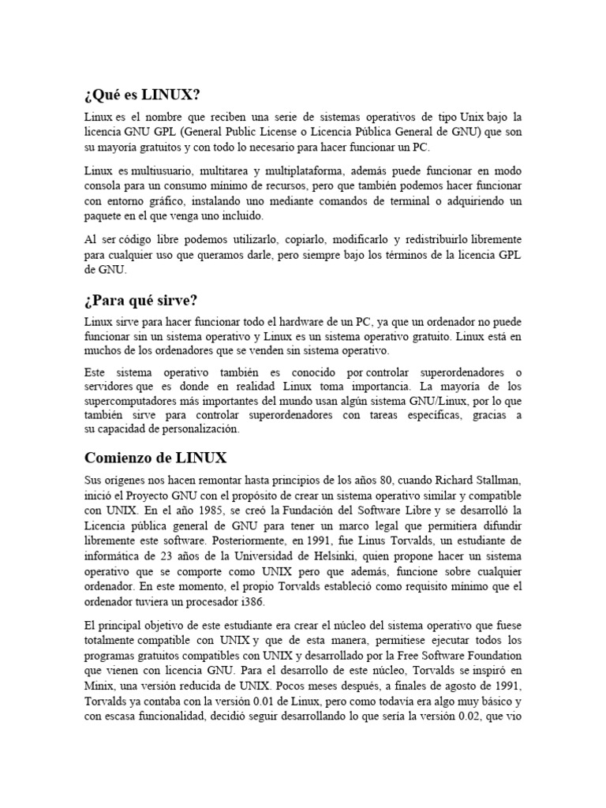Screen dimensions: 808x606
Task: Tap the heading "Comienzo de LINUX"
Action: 155,457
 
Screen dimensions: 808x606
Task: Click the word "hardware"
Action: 303,322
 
